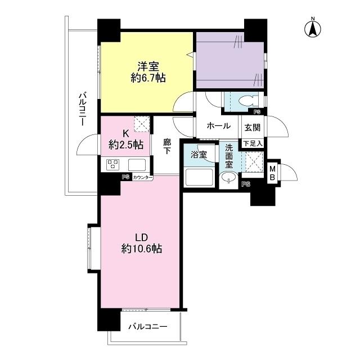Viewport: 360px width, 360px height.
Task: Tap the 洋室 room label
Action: click(148, 67)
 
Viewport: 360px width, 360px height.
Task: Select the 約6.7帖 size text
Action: click(148, 78)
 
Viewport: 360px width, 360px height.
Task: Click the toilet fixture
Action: click(248, 101)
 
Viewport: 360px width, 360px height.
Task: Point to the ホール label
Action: click(219, 126)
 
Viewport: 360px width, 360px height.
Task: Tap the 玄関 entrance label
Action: click(253, 128)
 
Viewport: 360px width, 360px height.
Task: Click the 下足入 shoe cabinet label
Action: click(253, 144)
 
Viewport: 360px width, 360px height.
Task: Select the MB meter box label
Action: click(272, 173)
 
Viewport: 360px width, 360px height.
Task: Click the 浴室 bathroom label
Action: click(199, 155)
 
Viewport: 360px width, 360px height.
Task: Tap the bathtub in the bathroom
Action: click(199, 178)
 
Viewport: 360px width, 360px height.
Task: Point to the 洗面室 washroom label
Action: click(229, 156)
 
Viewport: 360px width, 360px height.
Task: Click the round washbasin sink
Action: click(229, 178)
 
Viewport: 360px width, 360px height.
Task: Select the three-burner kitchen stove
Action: click(113, 165)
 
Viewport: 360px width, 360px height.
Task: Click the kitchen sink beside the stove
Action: click(137, 165)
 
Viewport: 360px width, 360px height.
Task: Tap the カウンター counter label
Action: click(142, 178)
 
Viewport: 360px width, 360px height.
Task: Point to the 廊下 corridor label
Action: click(167, 146)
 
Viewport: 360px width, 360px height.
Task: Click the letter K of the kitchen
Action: click(125, 133)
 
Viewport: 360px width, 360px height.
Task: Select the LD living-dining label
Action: click(141, 237)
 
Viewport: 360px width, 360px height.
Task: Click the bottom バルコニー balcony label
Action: click(148, 326)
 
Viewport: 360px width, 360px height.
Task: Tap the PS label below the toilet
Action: click(257, 112)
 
